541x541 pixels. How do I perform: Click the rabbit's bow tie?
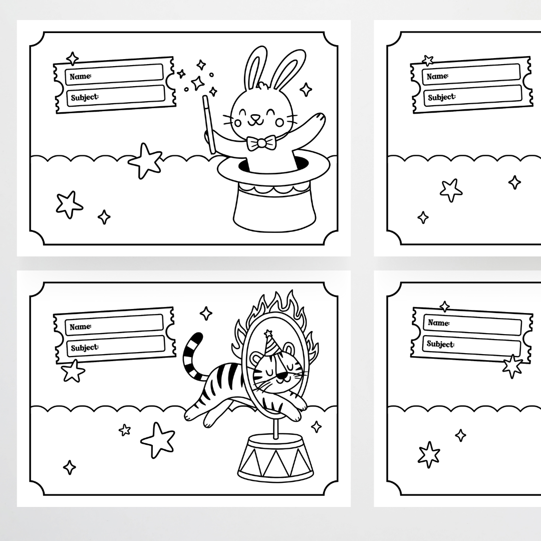261,143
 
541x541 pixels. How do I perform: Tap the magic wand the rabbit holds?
209,124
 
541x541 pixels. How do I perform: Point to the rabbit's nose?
255,117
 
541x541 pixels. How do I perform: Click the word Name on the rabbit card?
80,76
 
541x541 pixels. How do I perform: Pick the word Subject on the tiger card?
85,348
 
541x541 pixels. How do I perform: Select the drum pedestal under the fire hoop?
276,457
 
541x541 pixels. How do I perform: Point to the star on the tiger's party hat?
268,333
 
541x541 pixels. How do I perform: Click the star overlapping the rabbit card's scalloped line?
146,160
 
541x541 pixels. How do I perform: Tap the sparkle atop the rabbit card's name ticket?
73,59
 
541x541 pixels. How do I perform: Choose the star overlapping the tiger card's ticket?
73,371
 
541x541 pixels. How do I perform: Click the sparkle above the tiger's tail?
206,313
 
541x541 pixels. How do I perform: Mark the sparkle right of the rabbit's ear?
306,90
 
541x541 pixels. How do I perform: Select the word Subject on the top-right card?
442,97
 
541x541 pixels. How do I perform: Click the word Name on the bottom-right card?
438,323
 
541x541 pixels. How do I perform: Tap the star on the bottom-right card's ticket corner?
512,366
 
